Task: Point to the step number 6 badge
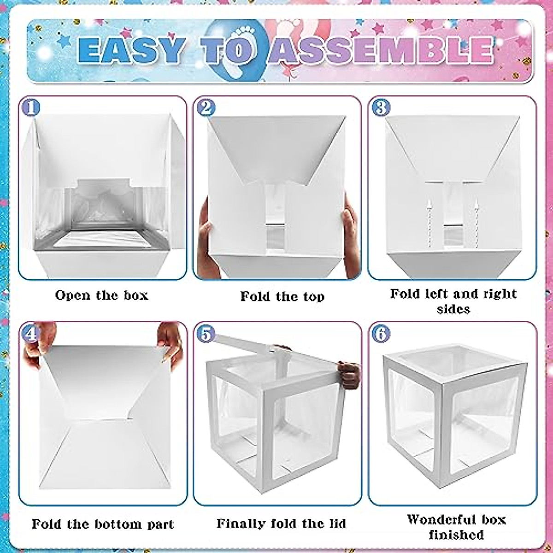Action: pyautogui.click(x=381, y=333)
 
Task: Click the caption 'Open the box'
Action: pyautogui.click(x=102, y=295)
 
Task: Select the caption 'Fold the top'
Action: pyautogui.click(x=282, y=296)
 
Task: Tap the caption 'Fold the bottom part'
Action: pyautogui.click(x=103, y=524)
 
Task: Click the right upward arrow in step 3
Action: pyautogui.click(x=477, y=217)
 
